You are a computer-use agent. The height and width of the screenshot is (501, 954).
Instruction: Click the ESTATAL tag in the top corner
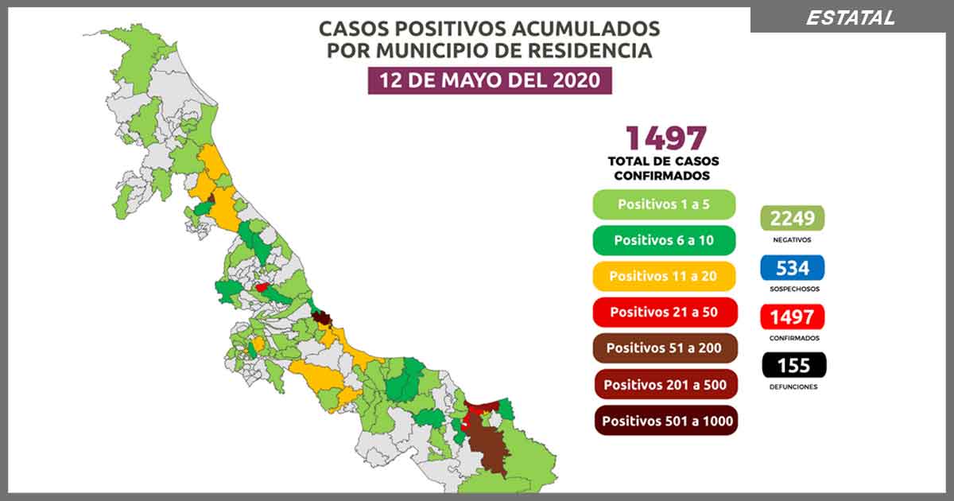pos(850,17)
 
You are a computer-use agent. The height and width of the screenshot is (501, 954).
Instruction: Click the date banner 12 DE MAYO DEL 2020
pos(490,80)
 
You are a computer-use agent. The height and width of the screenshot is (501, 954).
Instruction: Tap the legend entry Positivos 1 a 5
pos(664,204)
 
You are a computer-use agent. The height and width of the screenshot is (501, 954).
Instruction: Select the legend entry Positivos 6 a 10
pos(664,240)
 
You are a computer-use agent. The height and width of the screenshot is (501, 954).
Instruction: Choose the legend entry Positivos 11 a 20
pos(664,276)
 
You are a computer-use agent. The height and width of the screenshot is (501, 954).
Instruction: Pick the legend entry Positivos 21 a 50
pos(664,312)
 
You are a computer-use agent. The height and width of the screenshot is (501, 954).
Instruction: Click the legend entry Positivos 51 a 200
pos(664,348)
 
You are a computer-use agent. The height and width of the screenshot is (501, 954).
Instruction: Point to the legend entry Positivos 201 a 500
pos(664,384)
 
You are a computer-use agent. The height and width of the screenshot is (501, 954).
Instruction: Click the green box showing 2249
pos(792,218)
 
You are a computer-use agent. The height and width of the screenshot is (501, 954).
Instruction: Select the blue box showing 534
pos(792,267)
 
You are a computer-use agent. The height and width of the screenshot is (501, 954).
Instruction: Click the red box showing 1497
pos(792,317)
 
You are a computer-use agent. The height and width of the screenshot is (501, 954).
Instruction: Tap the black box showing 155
pos(792,365)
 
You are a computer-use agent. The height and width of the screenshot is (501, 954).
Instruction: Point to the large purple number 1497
pos(665,138)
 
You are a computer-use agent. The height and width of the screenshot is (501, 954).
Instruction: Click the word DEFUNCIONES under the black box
pos(792,387)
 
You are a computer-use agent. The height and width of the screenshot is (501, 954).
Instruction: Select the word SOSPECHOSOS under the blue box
pos(792,289)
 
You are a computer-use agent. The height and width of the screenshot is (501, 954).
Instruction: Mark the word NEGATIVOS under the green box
pos(792,239)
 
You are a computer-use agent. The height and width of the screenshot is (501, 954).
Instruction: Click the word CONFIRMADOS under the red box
pos(792,338)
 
